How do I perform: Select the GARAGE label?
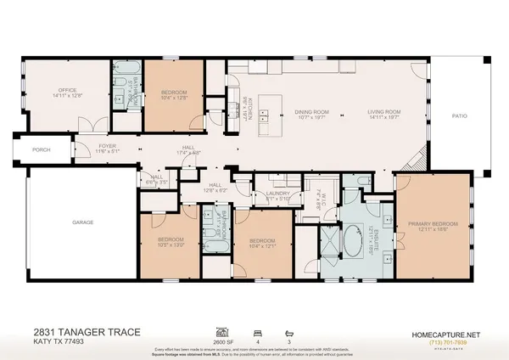click(82, 222)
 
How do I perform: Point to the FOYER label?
click(107, 146)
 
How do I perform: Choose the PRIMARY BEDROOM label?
click(433, 222)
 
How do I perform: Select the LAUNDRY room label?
click(278, 194)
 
